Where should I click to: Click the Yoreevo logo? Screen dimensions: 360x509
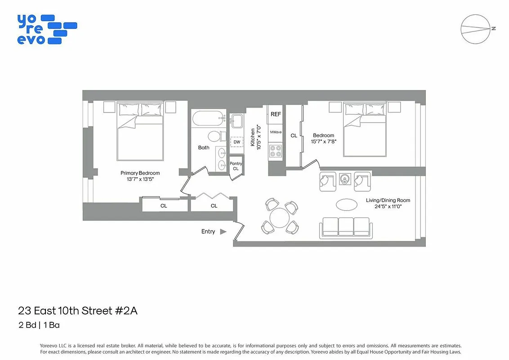tap(46, 29)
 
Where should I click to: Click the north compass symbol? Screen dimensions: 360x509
tap(476, 29)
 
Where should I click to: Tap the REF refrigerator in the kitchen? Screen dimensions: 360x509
tap(276, 114)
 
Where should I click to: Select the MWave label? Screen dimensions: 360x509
tap(276, 132)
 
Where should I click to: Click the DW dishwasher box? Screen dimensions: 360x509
tap(237, 142)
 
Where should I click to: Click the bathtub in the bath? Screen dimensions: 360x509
tap(208, 119)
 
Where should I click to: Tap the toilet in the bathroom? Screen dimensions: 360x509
tap(214, 136)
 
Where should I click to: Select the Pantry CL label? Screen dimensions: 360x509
tap(236, 166)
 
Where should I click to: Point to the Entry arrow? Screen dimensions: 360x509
tap(223, 232)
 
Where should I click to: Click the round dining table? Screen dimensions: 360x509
tap(279, 217)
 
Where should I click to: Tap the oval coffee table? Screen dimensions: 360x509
tap(347, 204)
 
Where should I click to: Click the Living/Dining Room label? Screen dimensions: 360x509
tap(388, 201)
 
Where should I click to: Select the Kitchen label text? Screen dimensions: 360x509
tap(253, 138)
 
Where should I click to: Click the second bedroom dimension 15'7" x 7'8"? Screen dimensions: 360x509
tap(324, 141)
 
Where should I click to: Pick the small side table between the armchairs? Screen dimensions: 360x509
tap(345, 179)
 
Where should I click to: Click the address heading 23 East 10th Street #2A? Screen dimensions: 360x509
tap(81, 310)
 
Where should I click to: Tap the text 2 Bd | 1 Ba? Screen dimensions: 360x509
tap(39, 325)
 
